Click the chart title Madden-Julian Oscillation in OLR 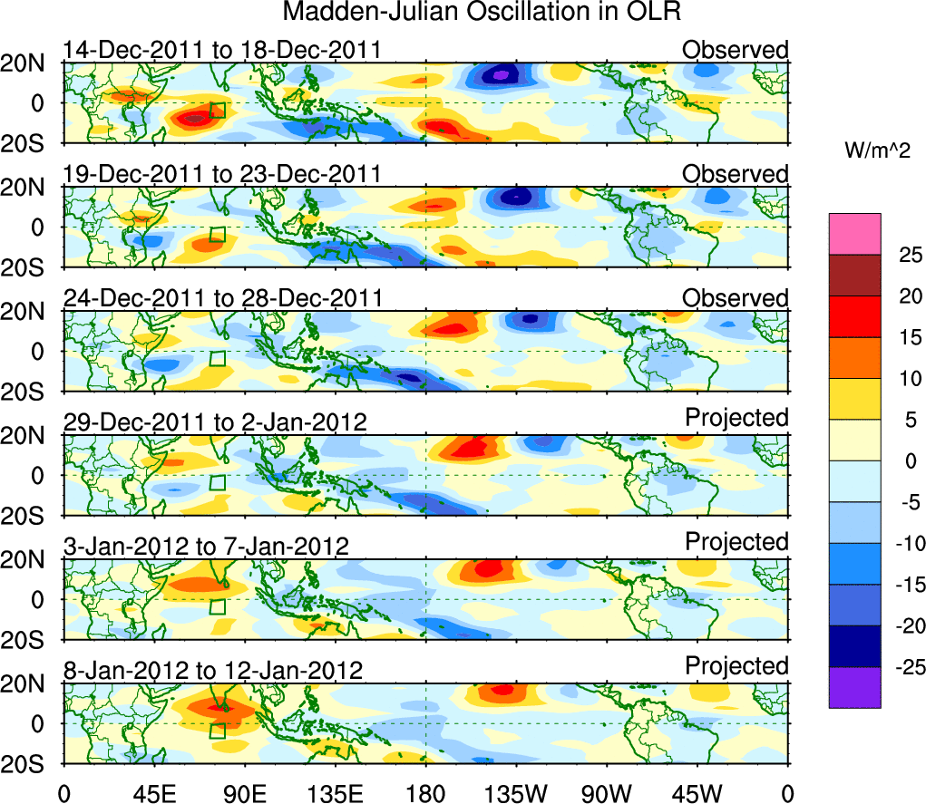pos(482,13)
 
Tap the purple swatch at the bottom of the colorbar pos(854,687)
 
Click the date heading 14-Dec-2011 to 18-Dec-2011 pos(221,50)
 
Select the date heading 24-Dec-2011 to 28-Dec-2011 pos(222,298)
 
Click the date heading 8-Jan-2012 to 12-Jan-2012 pos(213,671)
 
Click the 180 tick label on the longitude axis pos(425,794)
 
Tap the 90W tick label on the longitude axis pos(606,794)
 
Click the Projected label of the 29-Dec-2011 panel pos(736,418)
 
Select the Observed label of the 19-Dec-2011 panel pos(736,173)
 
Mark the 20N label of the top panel pos(31,63)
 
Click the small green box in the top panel pos(217,110)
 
